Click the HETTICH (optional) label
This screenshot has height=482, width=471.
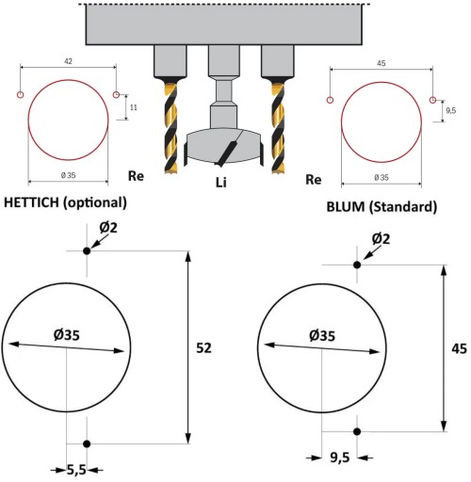click(65, 202)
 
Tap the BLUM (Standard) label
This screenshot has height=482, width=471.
click(382, 207)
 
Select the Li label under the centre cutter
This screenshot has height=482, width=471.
click(220, 183)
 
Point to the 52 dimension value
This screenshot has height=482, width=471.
click(203, 348)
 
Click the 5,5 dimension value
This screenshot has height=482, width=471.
click(76, 470)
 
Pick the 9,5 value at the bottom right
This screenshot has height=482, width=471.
click(340, 458)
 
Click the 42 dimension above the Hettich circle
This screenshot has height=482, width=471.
click(68, 61)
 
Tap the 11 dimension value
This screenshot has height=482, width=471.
click(134, 107)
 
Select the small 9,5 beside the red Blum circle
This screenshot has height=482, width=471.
click(450, 110)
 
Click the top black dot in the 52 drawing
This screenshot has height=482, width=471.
click(87, 251)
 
